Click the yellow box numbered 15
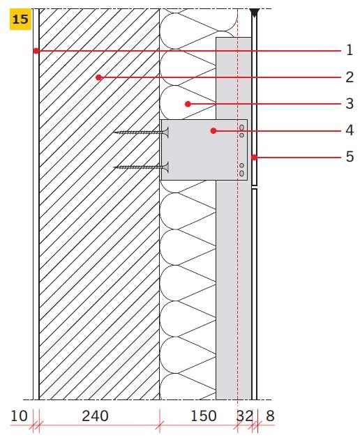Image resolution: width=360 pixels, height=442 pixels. tap(20, 19)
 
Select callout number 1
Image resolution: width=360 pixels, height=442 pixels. tap(350, 50)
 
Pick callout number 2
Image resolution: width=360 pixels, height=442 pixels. tap(350, 77)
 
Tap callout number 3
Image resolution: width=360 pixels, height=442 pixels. tap(350, 104)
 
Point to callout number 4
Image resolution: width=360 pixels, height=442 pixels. tap(350, 130)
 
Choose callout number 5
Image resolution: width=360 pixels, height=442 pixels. tap(350, 157)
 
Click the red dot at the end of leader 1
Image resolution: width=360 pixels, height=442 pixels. tap(36, 51)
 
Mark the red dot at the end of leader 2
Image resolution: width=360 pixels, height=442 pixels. tap(98, 77)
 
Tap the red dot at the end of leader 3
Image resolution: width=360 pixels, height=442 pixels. tap(188, 104)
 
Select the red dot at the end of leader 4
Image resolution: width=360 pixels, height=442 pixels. tap(213, 131)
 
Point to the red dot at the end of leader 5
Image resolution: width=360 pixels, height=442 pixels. tap(254, 158)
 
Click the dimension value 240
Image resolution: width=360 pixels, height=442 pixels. tap(95, 416)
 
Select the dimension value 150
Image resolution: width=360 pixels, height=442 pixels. tap(204, 416)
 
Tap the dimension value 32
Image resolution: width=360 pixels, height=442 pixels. tap(244, 416)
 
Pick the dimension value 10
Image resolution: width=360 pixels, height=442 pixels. tap(19, 416)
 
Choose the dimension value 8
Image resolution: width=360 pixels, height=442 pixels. tap(270, 416)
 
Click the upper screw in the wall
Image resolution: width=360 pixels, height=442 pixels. tap(141, 132)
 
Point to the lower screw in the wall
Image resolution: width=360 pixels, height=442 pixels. tap(141, 167)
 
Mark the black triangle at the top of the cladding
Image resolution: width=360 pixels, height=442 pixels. tap(255, 13)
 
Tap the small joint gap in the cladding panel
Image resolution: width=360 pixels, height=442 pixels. tap(255, 187)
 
